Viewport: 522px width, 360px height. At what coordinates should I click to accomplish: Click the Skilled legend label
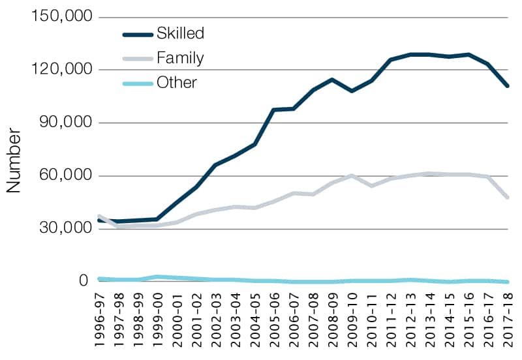click(180, 33)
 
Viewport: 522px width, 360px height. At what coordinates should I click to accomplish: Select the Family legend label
click(180, 58)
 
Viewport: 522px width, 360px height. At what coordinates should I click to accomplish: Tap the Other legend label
click(176, 83)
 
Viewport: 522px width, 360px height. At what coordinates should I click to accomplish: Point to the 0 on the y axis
click(83, 281)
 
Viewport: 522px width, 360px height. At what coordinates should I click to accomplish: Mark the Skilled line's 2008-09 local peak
click(332, 80)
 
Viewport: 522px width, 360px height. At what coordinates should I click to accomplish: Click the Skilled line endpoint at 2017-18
click(507, 85)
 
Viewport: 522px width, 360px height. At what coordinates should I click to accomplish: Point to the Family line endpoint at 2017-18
click(507, 196)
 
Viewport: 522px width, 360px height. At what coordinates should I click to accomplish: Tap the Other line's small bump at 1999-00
click(157, 277)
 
